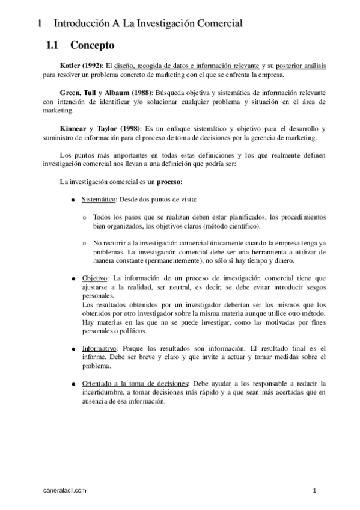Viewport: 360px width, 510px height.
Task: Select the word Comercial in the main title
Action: point(214,24)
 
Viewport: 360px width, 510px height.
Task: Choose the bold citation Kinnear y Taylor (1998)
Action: point(100,129)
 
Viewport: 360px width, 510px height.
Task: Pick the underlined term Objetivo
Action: point(94,278)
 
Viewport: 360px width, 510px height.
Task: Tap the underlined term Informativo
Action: point(99,348)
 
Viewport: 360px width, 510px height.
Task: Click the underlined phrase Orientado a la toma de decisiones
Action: point(135,383)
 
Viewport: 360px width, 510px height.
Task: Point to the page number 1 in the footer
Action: point(314,491)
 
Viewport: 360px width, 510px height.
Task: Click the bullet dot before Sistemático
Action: point(73,200)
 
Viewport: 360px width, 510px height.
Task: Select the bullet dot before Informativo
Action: point(73,349)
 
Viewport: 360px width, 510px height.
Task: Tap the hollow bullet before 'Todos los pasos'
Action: point(84,217)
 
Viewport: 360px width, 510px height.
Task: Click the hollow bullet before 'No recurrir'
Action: point(84,243)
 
